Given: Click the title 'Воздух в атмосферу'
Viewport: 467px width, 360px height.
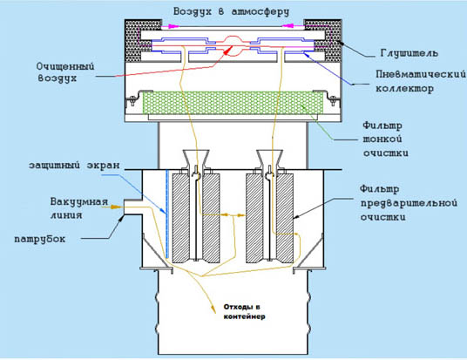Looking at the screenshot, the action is click(x=231, y=12).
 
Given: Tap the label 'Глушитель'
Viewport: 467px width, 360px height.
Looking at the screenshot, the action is click(x=409, y=53).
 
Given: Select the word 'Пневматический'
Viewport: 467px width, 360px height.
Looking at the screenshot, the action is click(x=421, y=74).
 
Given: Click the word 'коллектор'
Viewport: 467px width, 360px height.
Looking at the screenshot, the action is click(x=404, y=89).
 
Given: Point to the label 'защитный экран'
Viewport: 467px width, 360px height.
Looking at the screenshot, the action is click(x=74, y=165).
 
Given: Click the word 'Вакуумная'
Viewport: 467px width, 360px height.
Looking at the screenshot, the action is click(x=79, y=202).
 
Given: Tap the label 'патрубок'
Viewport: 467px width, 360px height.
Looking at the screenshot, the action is click(x=40, y=240).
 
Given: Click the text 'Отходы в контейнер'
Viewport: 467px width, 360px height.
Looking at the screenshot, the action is click(x=244, y=312).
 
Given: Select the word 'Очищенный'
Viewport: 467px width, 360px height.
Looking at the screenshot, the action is click(x=65, y=66).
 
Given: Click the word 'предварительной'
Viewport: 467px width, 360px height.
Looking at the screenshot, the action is click(x=409, y=204).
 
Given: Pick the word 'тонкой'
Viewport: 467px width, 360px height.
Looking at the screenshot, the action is click(x=382, y=139).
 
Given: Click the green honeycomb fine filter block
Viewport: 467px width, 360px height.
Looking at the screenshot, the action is click(x=233, y=103).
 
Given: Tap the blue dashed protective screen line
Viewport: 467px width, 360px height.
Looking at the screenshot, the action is click(x=167, y=214).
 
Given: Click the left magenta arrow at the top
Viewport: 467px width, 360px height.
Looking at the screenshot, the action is click(x=170, y=26).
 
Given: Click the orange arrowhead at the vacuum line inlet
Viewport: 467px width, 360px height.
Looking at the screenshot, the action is click(x=115, y=207).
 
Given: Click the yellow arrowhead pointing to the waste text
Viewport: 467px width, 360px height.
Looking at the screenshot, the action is click(x=213, y=309).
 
